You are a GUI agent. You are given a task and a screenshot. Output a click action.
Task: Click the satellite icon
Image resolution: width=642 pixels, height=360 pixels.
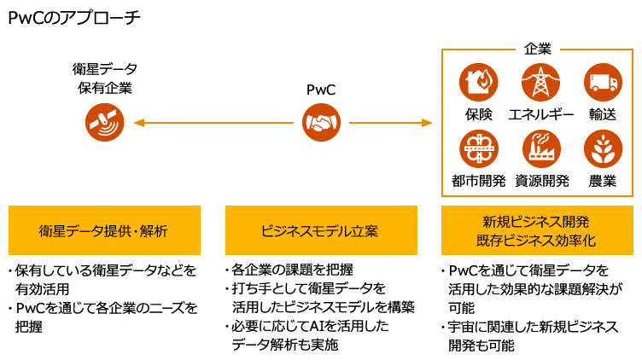[x=105, y=122]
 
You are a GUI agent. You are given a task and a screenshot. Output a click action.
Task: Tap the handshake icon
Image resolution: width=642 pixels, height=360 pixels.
[x=321, y=122]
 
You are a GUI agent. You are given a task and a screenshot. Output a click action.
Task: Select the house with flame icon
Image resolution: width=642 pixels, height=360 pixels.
[x=479, y=83]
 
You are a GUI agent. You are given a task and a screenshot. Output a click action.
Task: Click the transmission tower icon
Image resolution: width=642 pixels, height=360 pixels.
[x=540, y=83]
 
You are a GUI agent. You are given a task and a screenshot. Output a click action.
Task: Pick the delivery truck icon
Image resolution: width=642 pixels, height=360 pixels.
[x=603, y=83]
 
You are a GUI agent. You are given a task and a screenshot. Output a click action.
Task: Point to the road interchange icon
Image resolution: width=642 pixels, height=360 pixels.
[x=479, y=148]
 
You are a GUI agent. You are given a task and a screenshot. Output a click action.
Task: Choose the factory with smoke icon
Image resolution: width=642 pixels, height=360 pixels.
[x=540, y=148]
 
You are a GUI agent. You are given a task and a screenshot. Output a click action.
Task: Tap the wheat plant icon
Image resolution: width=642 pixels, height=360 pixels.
[x=603, y=148]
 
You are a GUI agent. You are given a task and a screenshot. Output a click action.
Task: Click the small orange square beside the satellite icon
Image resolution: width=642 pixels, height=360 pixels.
[x=138, y=123]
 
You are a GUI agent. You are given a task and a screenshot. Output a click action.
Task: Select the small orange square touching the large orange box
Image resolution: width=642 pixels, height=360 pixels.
[x=428, y=123]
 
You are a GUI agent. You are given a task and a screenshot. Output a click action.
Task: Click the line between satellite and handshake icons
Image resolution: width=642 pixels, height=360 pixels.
[x=220, y=123]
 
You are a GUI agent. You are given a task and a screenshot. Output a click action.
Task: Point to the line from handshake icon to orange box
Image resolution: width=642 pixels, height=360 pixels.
[x=384, y=123]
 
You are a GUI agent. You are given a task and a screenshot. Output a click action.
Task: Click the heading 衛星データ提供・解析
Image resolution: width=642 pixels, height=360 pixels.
[x=103, y=230]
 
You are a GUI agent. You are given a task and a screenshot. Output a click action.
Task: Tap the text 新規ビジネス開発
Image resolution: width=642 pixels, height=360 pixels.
[x=536, y=221]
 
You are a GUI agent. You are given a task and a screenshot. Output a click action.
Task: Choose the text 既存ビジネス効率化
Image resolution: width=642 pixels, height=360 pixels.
[x=536, y=241]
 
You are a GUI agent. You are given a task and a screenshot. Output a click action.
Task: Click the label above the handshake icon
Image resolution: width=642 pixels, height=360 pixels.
[x=321, y=90]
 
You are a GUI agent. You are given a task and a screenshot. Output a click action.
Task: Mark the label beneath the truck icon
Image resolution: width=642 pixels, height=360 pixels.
[x=603, y=114]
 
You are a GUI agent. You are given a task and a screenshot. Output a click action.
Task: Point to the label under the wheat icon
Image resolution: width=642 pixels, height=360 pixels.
[x=603, y=181]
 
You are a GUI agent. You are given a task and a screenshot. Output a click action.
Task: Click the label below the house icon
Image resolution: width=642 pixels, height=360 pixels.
[x=479, y=114]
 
